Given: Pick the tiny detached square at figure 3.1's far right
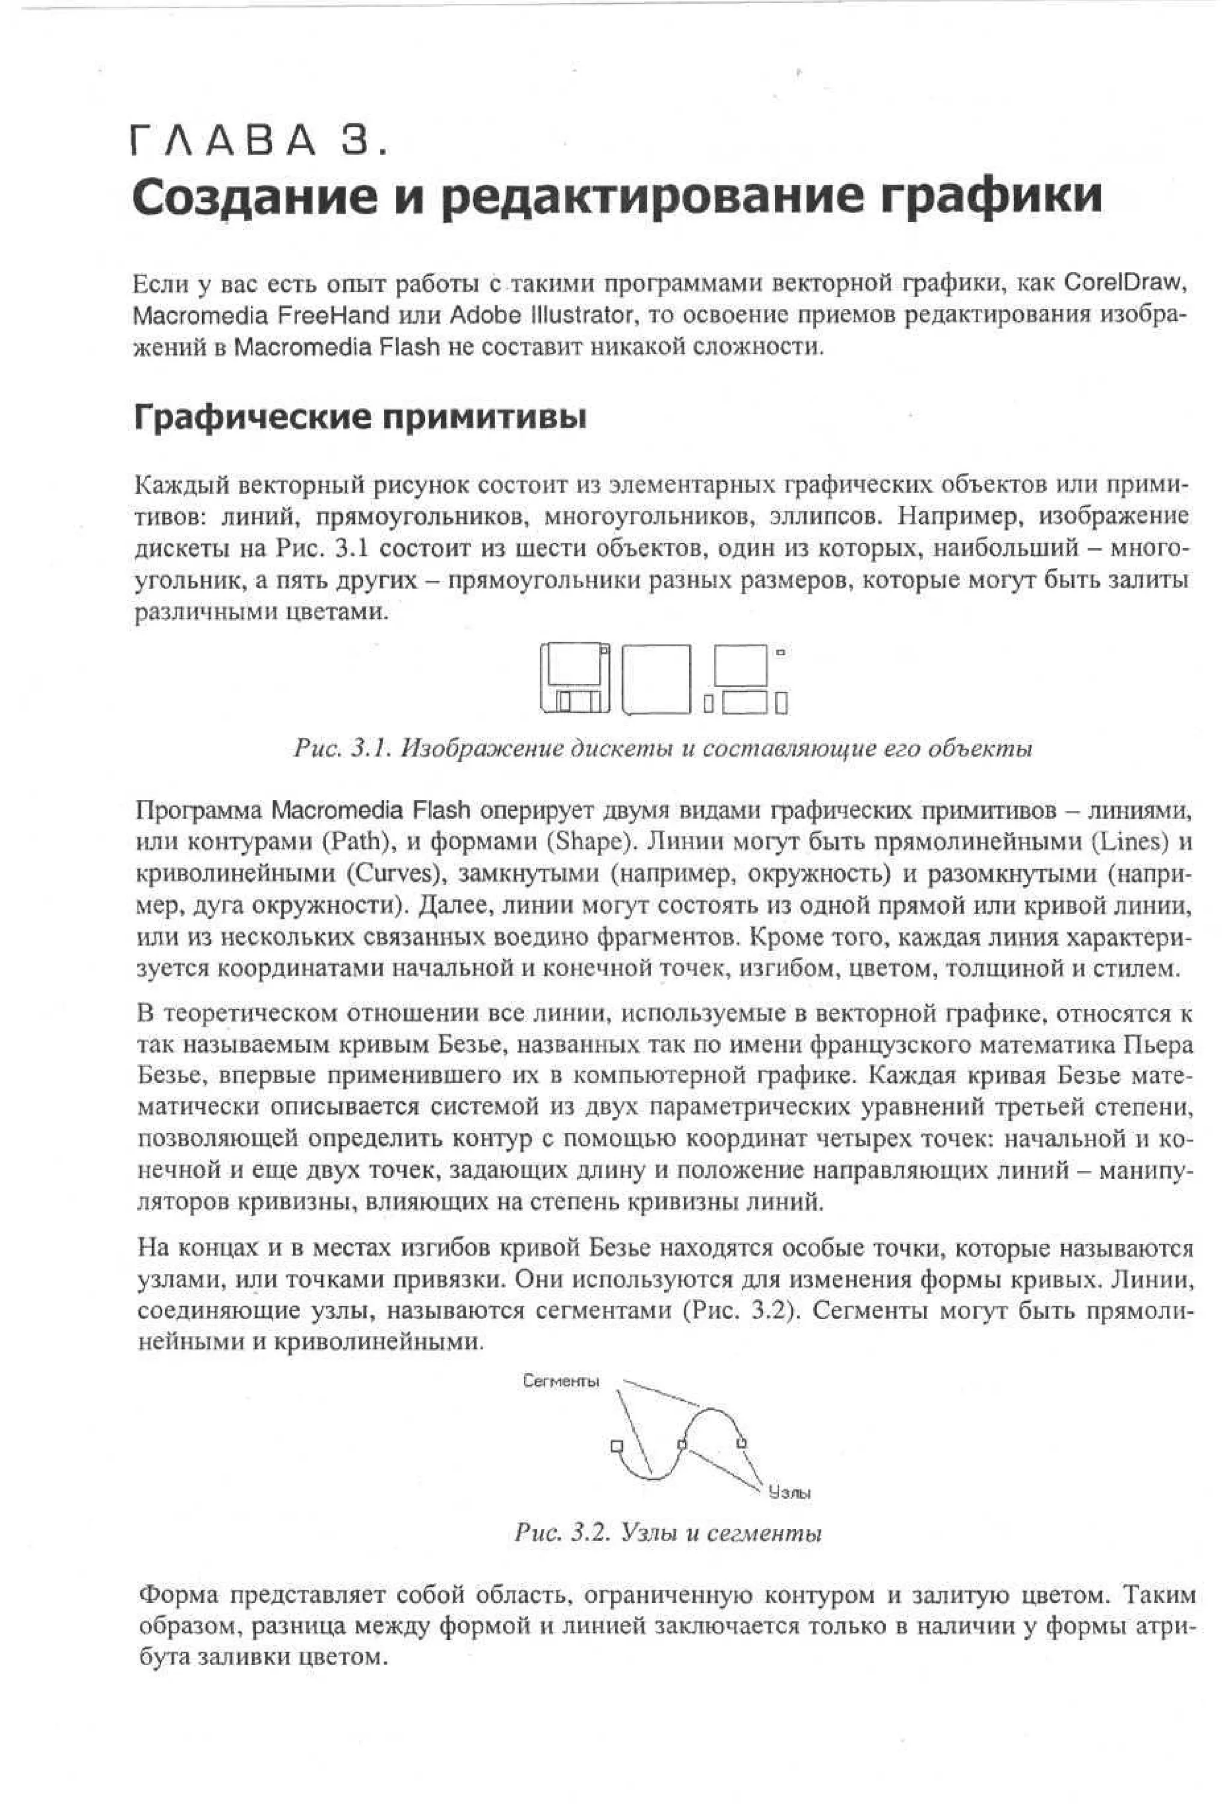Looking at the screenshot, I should click(x=780, y=652).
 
